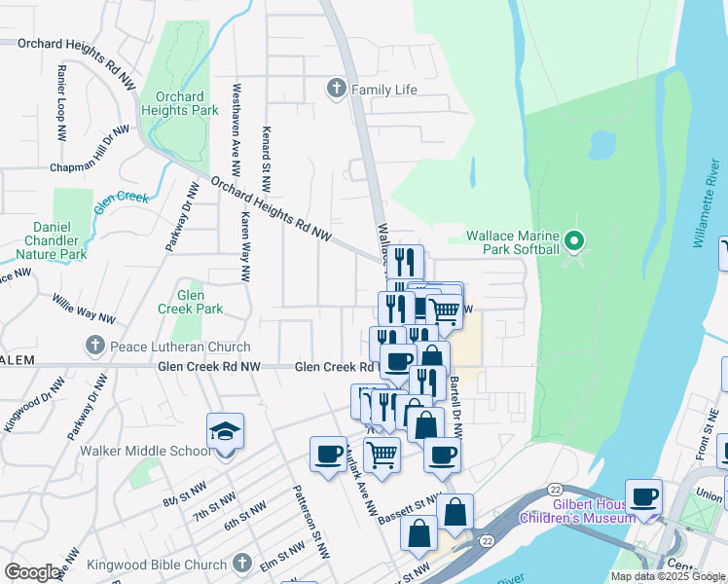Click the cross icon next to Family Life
[x=337, y=90]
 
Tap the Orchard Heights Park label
[x=179, y=103]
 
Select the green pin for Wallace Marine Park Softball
[x=574, y=240]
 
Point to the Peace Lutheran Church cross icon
[x=94, y=346]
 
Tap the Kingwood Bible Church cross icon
[x=242, y=564]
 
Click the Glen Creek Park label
[x=190, y=302]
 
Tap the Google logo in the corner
[x=32, y=572]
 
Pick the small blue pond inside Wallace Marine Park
[x=601, y=145]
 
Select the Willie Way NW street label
[x=84, y=310]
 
